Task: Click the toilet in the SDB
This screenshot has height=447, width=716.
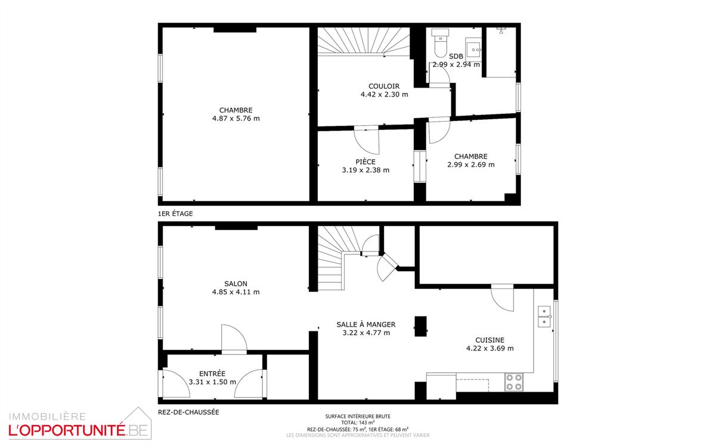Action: tap(441, 43)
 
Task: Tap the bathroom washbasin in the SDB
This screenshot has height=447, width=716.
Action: tap(473, 49)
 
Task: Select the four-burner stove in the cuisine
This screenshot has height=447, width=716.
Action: tap(514, 382)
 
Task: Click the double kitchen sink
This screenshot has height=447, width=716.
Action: tap(544, 316)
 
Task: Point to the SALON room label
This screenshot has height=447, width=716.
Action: tap(235, 284)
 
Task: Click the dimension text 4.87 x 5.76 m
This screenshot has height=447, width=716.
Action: tap(236, 119)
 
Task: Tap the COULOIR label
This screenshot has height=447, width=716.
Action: tap(384, 86)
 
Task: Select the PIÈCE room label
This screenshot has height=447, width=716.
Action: tap(365, 162)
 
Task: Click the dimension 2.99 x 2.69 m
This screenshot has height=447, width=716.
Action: tap(471, 165)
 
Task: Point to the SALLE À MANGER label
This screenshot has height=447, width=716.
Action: tap(366, 324)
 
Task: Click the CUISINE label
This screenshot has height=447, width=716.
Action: tap(489, 340)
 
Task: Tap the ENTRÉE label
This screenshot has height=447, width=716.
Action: tap(212, 374)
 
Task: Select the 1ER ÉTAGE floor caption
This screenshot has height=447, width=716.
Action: tap(175, 214)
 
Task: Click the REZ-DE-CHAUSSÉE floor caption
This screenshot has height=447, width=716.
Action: tap(188, 412)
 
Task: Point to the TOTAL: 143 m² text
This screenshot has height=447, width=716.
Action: tap(358, 423)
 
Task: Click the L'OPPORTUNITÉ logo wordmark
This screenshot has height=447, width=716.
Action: tap(67, 430)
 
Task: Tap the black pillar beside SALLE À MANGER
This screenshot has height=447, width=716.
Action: tap(421, 326)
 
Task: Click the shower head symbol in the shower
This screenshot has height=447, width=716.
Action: tap(501, 30)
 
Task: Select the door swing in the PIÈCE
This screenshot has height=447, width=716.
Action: tap(367, 140)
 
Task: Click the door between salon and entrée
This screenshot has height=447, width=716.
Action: tap(234, 339)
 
